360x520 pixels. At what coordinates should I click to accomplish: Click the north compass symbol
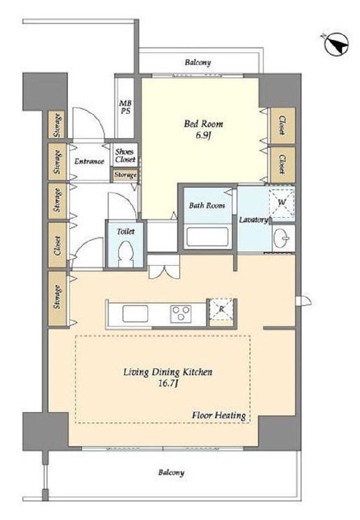pos(335,44)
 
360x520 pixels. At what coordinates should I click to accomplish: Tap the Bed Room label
pos(203,124)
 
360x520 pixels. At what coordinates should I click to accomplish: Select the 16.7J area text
pos(169,384)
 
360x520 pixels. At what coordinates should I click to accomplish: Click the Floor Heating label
pos(219,415)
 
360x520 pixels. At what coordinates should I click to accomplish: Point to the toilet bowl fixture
pos(125,253)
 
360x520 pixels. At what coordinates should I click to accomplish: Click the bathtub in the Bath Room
pos(208,237)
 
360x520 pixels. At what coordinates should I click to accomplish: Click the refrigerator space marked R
pos(221,309)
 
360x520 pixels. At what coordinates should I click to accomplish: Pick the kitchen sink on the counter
pos(135,314)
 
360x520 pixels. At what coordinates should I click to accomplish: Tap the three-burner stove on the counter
pos(181,314)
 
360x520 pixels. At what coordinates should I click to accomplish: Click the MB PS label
pos(125,108)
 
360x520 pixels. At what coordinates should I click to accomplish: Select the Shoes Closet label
pos(125,155)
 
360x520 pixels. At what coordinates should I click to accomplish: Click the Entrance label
pos(89,162)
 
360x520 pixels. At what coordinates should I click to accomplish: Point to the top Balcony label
pos(198,62)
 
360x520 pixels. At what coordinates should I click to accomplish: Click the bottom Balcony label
pos(171,472)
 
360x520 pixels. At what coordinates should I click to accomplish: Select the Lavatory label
pos(254,220)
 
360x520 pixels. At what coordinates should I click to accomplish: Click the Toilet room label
pos(126,232)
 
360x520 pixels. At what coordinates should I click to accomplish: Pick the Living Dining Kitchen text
pos(168,372)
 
